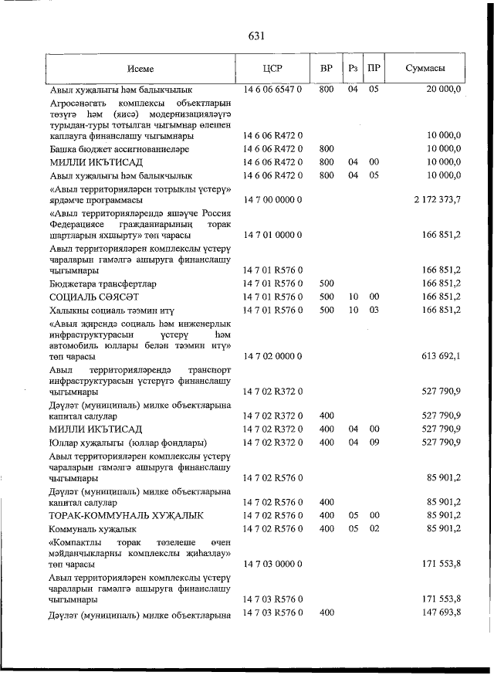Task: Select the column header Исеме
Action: [140, 68]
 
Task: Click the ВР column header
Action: [326, 68]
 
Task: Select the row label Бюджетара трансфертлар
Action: [101, 283]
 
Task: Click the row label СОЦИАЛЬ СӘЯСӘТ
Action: [94, 297]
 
